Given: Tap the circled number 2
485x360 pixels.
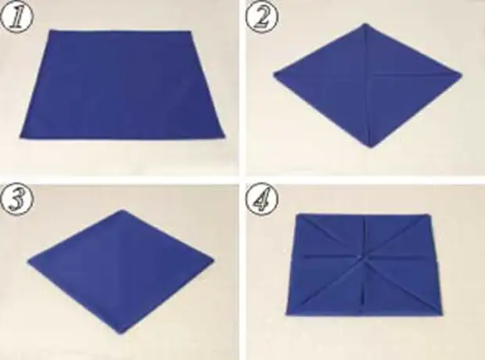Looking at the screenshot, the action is coord(262,18).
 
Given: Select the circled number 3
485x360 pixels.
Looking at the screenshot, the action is coord(17,199).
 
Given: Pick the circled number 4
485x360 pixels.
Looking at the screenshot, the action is coord(262,199).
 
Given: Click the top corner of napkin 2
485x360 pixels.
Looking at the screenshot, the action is coord(365,23).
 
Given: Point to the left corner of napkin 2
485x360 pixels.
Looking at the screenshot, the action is coord(274,74).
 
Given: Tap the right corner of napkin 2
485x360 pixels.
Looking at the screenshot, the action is coord(462,74).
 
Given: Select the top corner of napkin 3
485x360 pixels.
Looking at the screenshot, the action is coord(123,211).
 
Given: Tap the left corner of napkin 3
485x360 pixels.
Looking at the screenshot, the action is coord(28,262).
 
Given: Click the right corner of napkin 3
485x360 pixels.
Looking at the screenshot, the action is coord(214,259).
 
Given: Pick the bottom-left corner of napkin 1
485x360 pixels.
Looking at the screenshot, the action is coord(21,138).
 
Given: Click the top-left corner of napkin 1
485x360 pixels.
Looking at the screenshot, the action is coord(51,31).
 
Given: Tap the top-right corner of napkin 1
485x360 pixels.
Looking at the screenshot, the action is coord(190,31).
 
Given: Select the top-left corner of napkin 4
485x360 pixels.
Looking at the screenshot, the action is coord(297,214).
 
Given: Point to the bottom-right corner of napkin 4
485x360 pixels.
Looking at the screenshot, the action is coord(442,314).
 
